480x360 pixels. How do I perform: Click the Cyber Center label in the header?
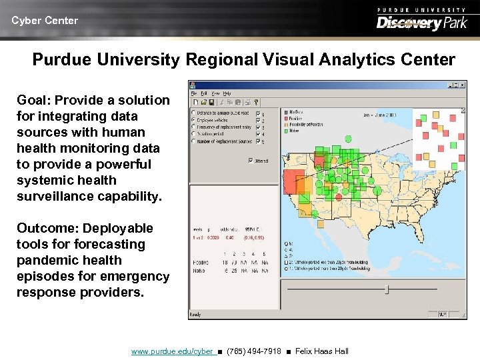pyautogui.click(x=45, y=21)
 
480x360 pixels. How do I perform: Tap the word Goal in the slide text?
pyautogui.click(x=33, y=101)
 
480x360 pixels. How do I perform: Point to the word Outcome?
pyautogui.click(x=45, y=229)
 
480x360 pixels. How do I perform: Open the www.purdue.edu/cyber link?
pyautogui.click(x=173, y=351)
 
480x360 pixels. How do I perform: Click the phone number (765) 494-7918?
pyautogui.click(x=254, y=351)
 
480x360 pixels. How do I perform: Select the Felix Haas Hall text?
pyautogui.click(x=321, y=351)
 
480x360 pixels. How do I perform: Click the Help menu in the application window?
pyautogui.click(x=227, y=93)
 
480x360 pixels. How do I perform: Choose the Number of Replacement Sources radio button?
pyautogui.click(x=193, y=141)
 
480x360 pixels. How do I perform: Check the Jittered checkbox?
pyautogui.click(x=251, y=160)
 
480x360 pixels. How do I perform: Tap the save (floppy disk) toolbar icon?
pyautogui.click(x=211, y=102)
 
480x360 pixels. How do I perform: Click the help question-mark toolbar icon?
pyautogui.click(x=256, y=102)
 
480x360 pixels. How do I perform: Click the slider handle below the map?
pyautogui.click(x=387, y=289)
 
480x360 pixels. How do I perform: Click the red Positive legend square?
pyautogui.click(x=284, y=118)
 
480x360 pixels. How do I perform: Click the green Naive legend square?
pyautogui.click(x=284, y=131)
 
